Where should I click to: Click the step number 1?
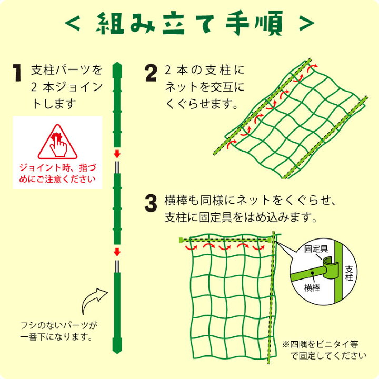coord(17,74)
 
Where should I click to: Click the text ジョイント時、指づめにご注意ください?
coord(57,173)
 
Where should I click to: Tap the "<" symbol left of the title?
coord(73,24)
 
